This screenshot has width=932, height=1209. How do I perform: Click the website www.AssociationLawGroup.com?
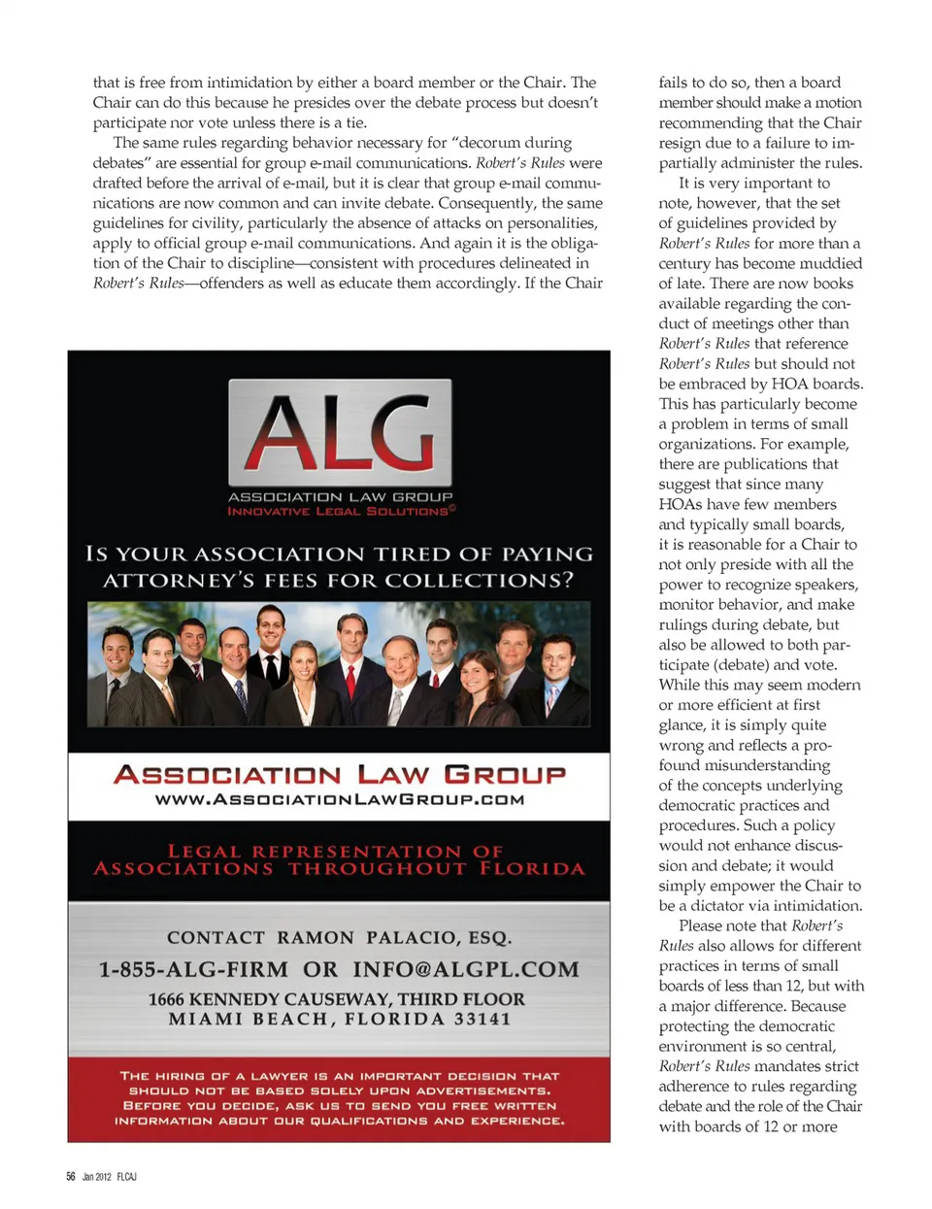coord(339,799)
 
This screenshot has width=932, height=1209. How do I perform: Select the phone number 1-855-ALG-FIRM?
coord(193,969)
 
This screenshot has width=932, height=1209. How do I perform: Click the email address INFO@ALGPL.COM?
coord(465,969)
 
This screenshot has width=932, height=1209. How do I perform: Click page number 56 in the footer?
coord(71,1177)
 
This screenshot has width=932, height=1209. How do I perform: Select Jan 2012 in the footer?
coord(96,1177)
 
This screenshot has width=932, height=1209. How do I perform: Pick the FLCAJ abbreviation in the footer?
coord(126,1177)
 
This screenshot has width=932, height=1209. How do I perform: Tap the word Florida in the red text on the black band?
coord(532,868)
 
